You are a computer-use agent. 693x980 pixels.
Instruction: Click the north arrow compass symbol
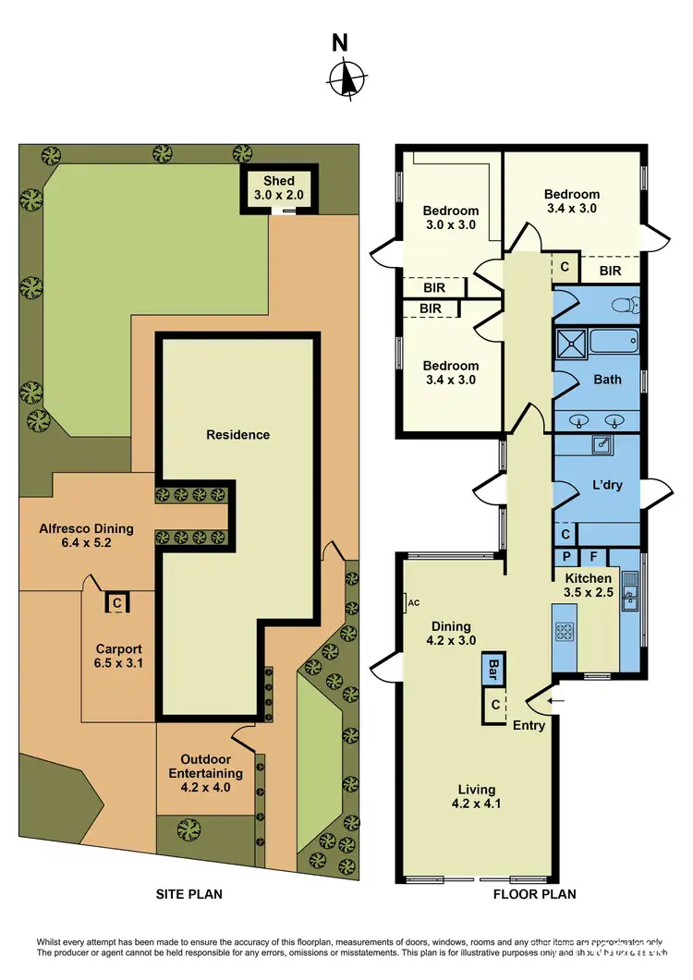pyautogui.click(x=346, y=78)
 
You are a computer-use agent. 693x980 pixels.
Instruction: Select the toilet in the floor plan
pyautogui.click(x=627, y=304)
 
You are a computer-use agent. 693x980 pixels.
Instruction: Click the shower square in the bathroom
pyautogui.click(x=571, y=345)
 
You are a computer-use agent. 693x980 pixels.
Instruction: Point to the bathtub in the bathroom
pyautogui.click(x=614, y=345)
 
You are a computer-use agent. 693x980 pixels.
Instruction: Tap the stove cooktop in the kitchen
pyautogui.click(x=565, y=633)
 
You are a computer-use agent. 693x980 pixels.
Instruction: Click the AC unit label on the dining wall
pyautogui.click(x=412, y=603)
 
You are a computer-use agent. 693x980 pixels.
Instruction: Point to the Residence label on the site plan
pyautogui.click(x=237, y=434)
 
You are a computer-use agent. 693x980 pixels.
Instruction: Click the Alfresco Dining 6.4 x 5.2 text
pyautogui.click(x=86, y=536)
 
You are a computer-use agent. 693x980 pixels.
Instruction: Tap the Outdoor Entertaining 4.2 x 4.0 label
pyautogui.click(x=211, y=774)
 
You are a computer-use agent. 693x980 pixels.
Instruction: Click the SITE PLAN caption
pyautogui.click(x=188, y=894)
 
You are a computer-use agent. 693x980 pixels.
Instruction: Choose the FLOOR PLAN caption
pyautogui.click(x=534, y=894)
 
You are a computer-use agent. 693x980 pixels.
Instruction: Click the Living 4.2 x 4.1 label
pyautogui.click(x=477, y=796)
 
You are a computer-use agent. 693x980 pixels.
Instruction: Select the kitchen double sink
pyautogui.click(x=629, y=593)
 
